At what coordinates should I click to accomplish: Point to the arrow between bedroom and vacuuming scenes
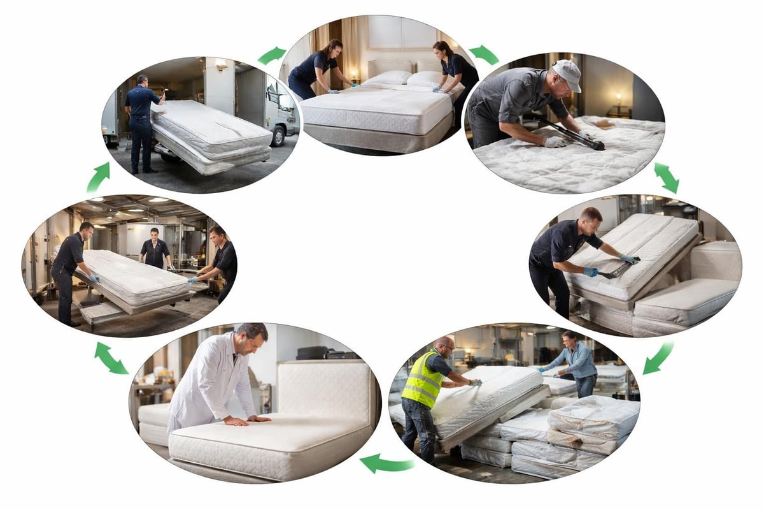(484, 54)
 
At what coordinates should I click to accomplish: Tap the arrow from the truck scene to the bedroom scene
(272, 55)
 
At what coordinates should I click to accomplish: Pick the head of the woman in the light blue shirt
(568, 339)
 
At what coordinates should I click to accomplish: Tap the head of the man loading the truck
(142, 81)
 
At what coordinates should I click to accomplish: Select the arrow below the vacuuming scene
(666, 177)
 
